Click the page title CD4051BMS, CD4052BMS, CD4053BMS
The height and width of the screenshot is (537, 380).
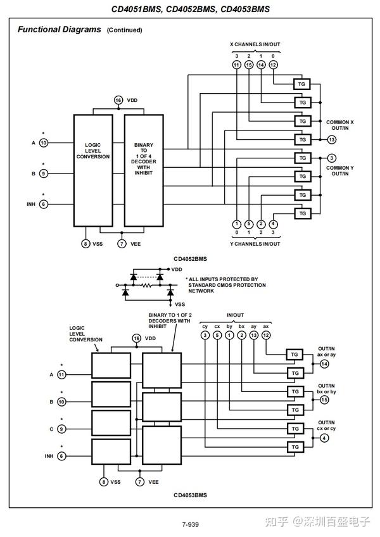coord(189,9)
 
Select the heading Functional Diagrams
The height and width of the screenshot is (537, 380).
coord(59,29)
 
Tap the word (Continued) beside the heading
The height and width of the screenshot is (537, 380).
coord(124,30)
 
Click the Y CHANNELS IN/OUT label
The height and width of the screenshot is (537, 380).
coord(254,244)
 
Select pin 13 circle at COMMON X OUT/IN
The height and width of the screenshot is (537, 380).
coord(332,139)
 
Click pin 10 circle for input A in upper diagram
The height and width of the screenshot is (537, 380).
coord(44,143)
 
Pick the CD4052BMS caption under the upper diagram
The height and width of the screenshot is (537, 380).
coord(191,258)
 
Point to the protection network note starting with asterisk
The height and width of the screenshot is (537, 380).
coord(225,285)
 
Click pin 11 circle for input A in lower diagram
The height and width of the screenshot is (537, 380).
coord(61,374)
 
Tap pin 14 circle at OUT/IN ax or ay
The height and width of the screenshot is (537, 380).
coord(325,363)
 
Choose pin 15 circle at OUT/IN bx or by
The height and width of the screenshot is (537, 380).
coord(325,400)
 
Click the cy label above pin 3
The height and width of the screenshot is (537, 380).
coord(204,325)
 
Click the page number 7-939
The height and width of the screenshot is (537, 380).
coord(190,524)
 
